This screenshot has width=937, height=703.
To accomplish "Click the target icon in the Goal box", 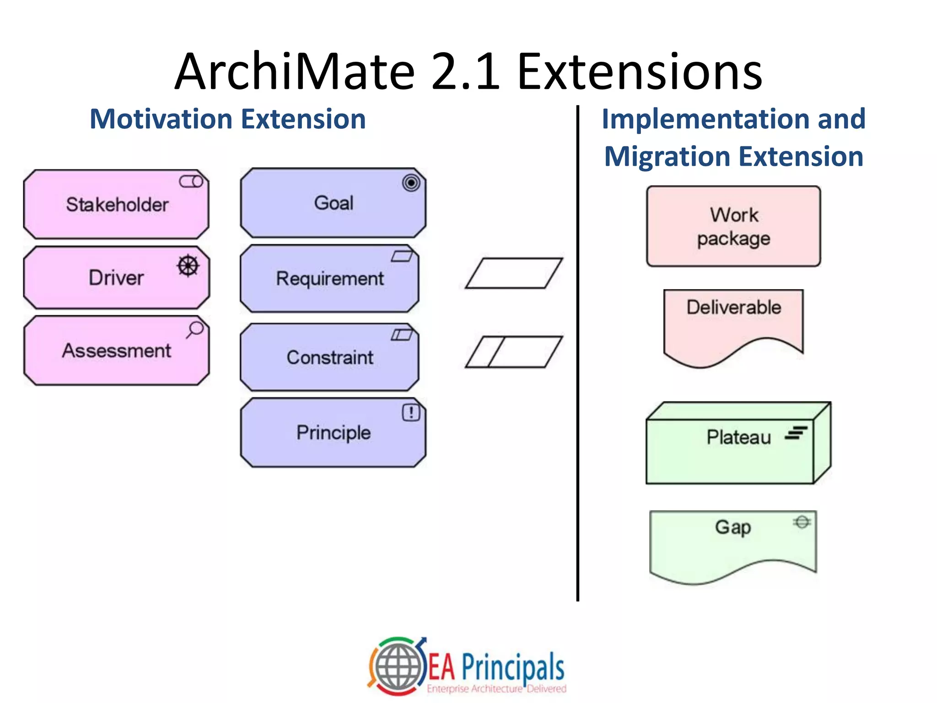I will tap(411, 183).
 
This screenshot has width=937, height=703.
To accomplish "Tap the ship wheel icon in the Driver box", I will tap(188, 266).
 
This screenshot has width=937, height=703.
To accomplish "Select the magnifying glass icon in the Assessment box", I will tap(195, 329).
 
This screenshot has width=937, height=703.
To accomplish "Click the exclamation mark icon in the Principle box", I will tap(411, 412).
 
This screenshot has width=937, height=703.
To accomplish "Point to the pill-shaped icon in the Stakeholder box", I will tap(191, 182).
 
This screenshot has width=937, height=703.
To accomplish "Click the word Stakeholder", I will tap(117, 205).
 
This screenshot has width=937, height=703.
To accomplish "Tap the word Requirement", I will tap(330, 279).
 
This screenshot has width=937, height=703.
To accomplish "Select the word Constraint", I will tap(330, 357).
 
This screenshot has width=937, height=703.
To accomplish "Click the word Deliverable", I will tap(734, 307).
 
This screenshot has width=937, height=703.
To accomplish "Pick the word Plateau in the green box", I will tap(738, 437).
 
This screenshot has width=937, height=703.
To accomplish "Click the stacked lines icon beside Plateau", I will tap(796, 433).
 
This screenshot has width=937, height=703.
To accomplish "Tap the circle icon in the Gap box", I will tap(802, 522).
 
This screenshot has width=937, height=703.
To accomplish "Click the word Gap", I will tap(733, 527).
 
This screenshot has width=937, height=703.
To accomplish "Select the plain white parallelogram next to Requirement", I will tap(513, 273).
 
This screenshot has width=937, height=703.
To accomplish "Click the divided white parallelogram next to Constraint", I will tap(513, 352).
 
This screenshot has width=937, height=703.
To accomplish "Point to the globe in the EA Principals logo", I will tap(398, 666).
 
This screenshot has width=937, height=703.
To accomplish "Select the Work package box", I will tap(733, 226).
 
